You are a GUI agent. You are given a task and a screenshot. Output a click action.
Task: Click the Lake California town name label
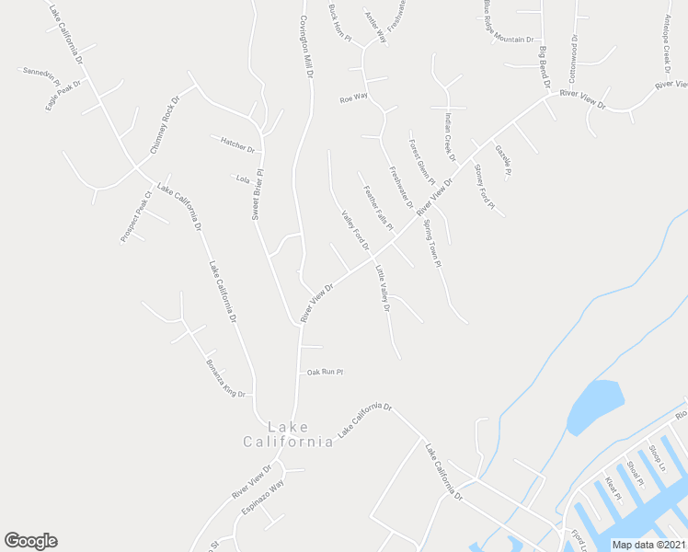(x=288, y=434)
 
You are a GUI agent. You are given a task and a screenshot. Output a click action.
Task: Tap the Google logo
(x=30, y=541)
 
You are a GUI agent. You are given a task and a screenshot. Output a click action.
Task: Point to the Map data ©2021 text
(x=648, y=545)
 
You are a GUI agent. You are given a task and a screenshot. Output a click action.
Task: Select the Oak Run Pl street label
(x=325, y=373)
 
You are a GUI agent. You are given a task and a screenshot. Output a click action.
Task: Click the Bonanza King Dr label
(x=225, y=378)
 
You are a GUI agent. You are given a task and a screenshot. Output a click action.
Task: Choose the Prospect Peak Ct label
(x=135, y=217)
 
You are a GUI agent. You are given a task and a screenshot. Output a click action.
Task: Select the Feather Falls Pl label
(x=378, y=208)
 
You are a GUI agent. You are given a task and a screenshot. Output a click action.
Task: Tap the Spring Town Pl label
(x=432, y=244)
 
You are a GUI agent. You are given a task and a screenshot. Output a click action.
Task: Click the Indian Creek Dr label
(x=450, y=136)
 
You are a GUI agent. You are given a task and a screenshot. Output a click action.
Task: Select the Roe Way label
(x=354, y=97)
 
